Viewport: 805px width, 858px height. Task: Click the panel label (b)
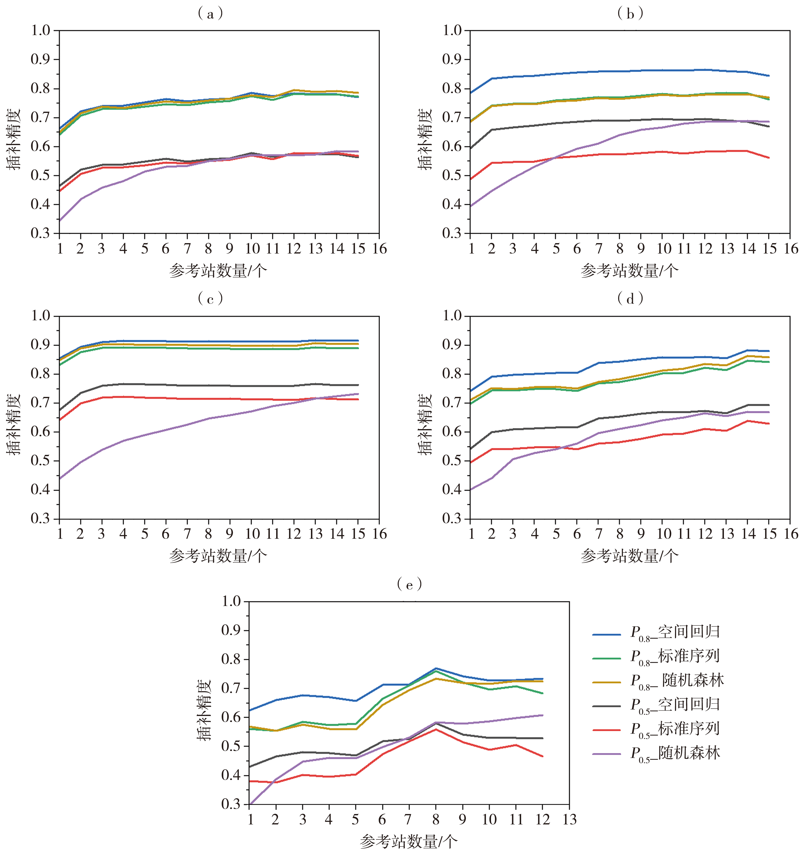630,14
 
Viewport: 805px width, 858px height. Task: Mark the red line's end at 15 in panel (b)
769,158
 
